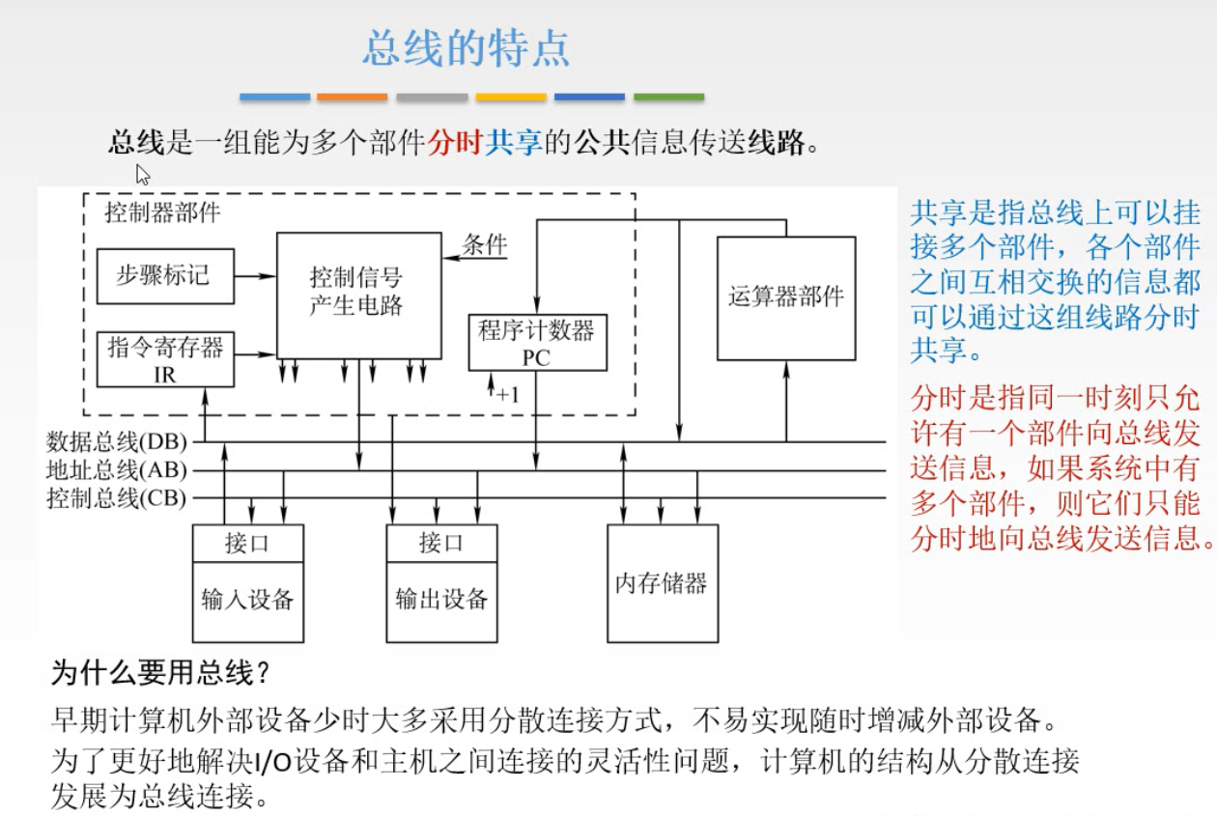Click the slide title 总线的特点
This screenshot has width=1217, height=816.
coord(466,48)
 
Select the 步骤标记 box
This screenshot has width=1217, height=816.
coord(165,275)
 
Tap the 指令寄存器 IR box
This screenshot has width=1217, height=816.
coord(165,359)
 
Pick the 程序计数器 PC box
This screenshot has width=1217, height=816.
coord(537,342)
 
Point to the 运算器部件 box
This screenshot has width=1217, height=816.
coord(785,297)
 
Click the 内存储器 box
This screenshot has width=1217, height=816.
coord(662,583)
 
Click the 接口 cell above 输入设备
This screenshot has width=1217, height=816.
coord(247,543)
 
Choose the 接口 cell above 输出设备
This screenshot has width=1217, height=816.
coord(441,543)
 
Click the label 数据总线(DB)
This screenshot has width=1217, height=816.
coord(117,442)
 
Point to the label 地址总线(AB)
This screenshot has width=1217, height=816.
coord(117,471)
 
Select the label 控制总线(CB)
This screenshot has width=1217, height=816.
coord(117,498)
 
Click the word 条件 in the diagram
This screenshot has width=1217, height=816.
coord(485,244)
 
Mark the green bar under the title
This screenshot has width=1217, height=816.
coord(668,98)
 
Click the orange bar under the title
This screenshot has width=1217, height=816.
coord(352,98)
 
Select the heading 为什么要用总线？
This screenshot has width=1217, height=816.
coord(158,673)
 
